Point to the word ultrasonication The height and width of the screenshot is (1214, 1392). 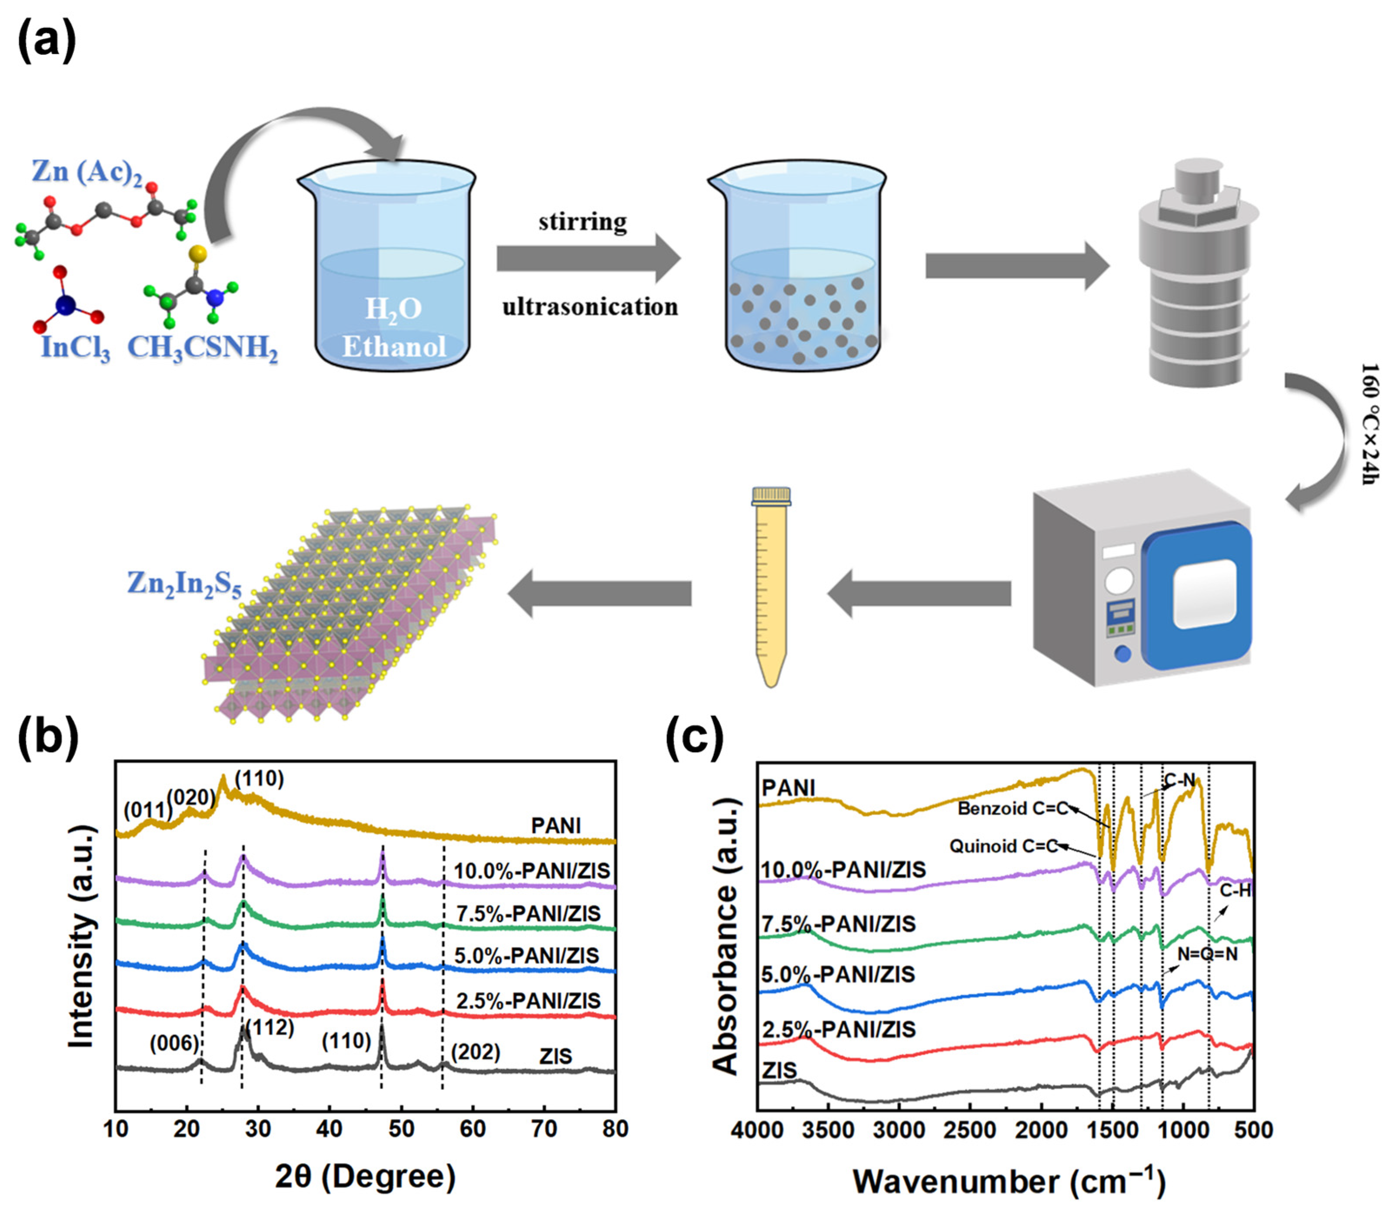click(589, 307)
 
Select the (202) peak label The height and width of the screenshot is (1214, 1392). click(476, 1052)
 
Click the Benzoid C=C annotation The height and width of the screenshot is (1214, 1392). click(1012, 808)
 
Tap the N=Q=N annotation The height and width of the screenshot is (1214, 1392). click(1207, 954)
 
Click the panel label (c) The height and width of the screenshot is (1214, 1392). click(694, 738)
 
